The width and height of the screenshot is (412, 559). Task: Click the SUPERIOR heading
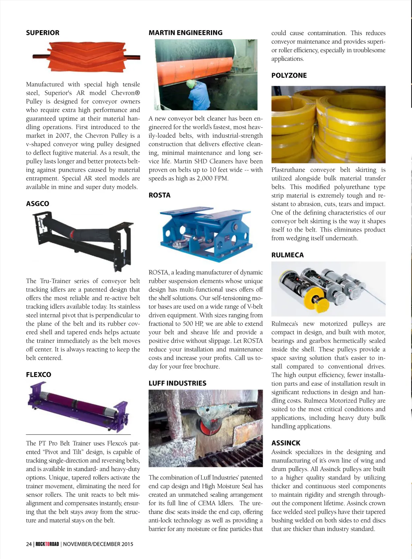(43, 33)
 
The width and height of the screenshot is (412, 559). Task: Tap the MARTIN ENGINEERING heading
(185, 33)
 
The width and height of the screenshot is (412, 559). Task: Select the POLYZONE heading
(289, 76)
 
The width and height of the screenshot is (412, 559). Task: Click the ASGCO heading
(37, 204)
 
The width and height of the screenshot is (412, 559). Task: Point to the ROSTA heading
(159, 195)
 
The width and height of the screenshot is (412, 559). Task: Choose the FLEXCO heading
(39, 375)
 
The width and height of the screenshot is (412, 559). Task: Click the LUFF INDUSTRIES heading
(177, 383)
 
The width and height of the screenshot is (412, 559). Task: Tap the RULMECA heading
(288, 255)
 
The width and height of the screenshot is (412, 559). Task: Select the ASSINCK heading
(286, 443)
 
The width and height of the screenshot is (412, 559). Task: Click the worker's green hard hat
(190, 84)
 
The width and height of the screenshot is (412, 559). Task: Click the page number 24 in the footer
(29, 544)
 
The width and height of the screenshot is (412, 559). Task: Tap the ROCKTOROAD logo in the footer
(47, 544)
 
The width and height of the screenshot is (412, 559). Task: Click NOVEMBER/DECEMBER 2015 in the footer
(98, 544)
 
